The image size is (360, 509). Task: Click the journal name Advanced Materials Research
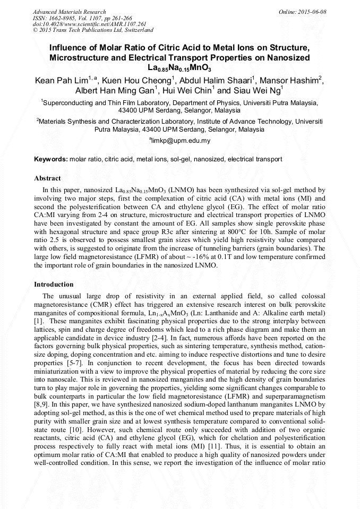tap(69, 12)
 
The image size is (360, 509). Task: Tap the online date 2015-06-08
tap(312, 12)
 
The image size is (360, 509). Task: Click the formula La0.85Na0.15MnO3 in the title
tap(179, 68)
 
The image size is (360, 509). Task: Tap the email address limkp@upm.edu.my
tap(181, 141)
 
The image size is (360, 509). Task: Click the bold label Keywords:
tap(51, 159)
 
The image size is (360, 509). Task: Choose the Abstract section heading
tap(47, 178)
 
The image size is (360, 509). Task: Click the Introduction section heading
tap(54, 284)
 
